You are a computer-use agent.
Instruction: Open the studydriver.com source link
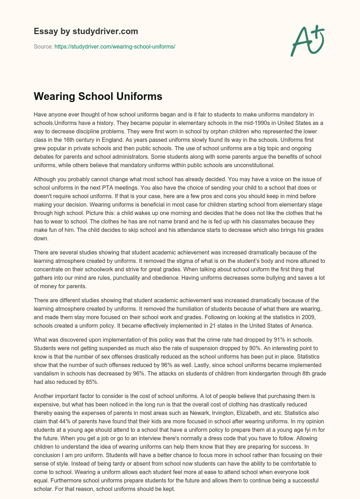coord(115,46)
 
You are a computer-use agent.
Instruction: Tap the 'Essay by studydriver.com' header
coord(86,31)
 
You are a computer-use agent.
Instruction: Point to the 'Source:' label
coord(43,46)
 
